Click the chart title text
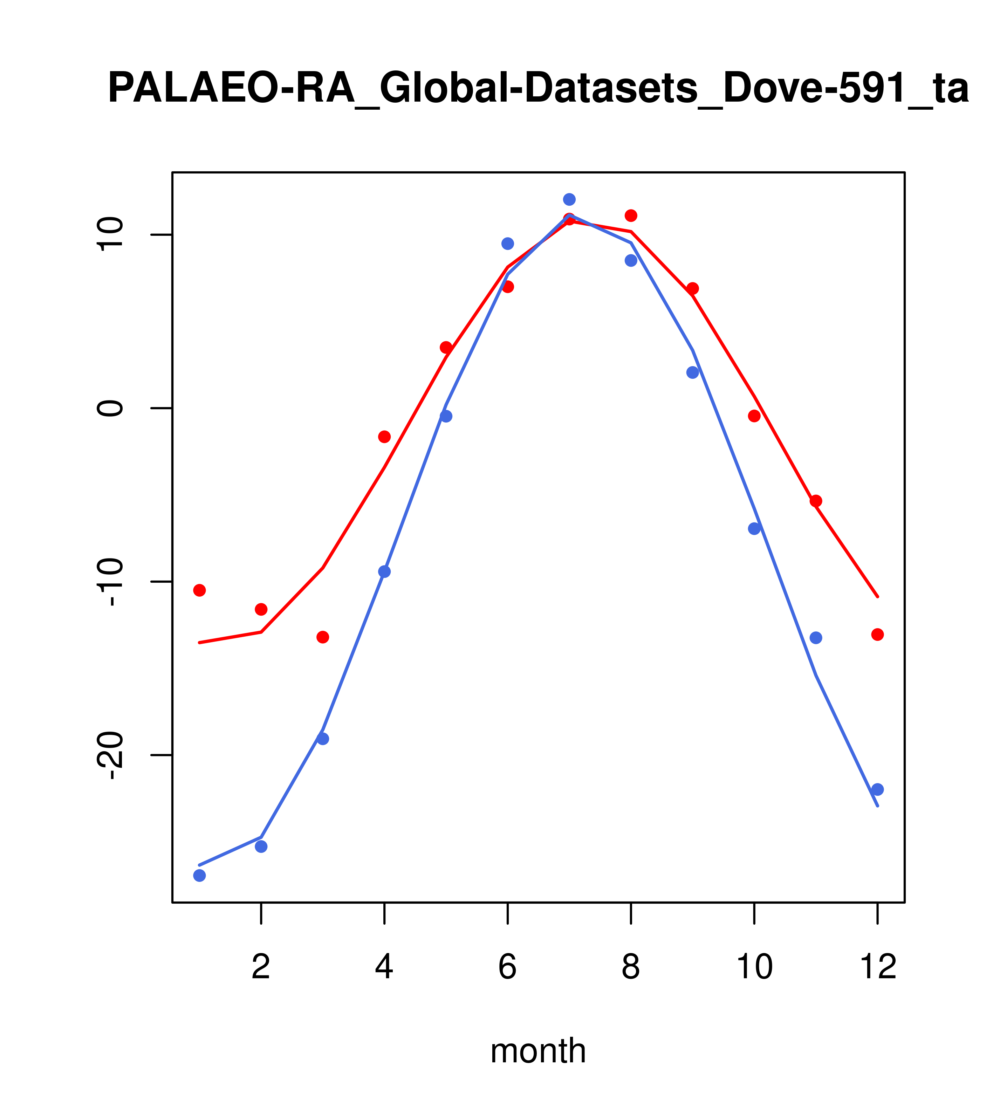tap(538, 89)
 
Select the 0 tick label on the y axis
tap(111, 408)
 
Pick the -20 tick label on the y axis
tap(111, 756)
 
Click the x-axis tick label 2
tap(261, 967)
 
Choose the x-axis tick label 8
tap(631, 967)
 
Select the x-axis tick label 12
tap(878, 967)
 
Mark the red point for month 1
tap(199, 590)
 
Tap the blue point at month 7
tap(569, 199)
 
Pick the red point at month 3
tap(323, 637)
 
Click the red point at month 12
tap(878, 635)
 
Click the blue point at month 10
tap(754, 528)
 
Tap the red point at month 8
tap(631, 215)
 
